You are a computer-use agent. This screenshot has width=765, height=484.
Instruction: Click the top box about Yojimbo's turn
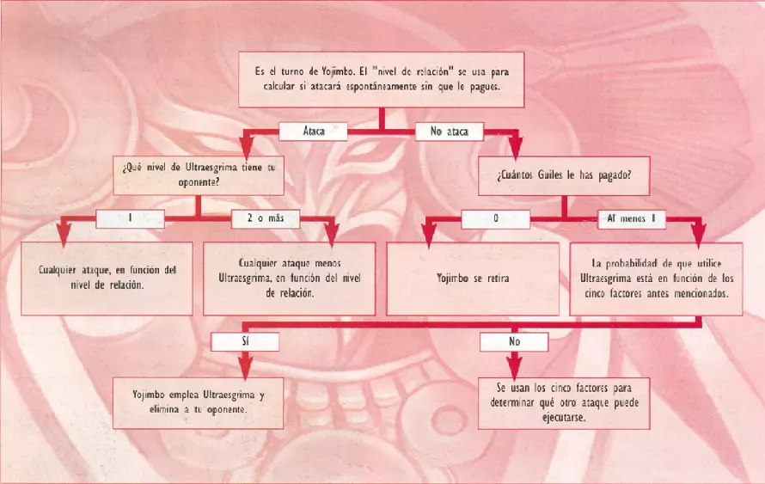click(x=381, y=79)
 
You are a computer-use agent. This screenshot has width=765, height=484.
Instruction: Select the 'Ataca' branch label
click(x=314, y=132)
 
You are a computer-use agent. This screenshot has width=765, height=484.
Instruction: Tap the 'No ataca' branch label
click(x=449, y=132)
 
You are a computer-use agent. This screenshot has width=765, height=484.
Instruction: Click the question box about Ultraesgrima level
click(x=199, y=175)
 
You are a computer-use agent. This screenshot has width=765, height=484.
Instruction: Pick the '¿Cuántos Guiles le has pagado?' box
click(x=564, y=175)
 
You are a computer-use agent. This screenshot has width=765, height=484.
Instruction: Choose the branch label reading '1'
click(x=130, y=218)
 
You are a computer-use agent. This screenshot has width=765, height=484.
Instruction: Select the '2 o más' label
click(x=265, y=218)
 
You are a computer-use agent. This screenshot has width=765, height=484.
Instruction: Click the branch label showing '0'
click(x=496, y=218)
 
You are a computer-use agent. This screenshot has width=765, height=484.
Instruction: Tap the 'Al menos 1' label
click(x=632, y=218)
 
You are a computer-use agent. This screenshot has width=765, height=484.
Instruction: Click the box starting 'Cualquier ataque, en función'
click(x=107, y=278)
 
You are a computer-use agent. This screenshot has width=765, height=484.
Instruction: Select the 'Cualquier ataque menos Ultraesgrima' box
click(x=289, y=278)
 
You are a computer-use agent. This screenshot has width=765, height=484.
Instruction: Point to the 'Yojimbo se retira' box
click(x=473, y=279)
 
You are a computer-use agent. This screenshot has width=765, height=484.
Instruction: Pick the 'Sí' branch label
click(x=245, y=341)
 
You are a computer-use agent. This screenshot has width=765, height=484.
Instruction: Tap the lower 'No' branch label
click(x=514, y=341)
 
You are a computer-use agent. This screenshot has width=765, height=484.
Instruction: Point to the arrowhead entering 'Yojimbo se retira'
click(x=429, y=232)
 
